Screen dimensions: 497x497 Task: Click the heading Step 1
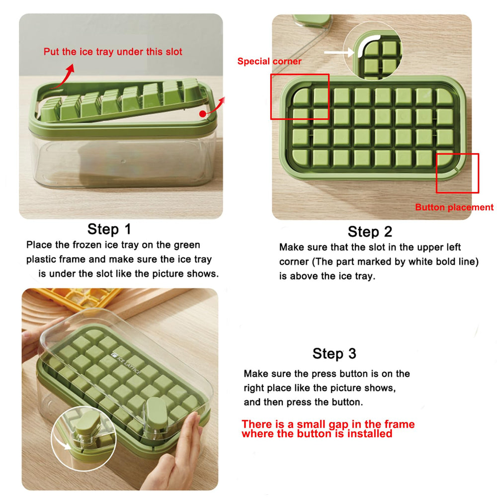(109, 229)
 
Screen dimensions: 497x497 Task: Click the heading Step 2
(370, 232)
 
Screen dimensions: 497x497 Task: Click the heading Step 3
(334, 353)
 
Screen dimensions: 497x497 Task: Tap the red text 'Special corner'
(269, 61)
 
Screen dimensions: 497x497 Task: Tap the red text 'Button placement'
(454, 207)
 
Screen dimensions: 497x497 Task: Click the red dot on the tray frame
(203, 114)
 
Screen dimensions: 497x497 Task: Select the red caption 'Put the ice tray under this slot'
(113, 52)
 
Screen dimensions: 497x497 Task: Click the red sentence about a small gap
(328, 429)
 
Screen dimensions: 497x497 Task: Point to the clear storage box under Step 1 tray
(124, 162)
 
